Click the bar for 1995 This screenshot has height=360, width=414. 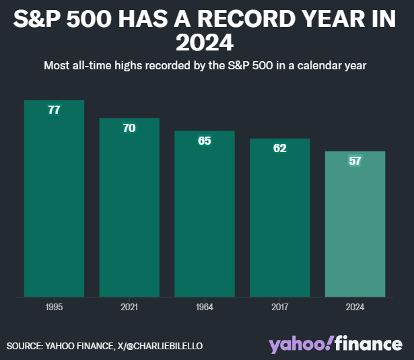(54, 199)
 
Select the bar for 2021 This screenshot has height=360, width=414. (129, 207)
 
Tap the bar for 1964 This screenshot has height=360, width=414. (205, 214)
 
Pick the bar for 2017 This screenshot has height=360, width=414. (280, 218)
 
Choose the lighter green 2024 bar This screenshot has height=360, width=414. (355, 224)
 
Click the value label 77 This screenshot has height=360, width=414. (54, 110)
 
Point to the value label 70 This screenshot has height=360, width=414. (129, 128)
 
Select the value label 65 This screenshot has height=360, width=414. (205, 141)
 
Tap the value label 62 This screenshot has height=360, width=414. (280, 148)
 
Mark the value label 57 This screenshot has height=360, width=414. (355, 161)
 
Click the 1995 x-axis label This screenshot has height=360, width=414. (54, 307)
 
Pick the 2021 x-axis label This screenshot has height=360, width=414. (129, 307)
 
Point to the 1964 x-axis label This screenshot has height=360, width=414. (205, 307)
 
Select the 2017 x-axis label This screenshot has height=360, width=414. (280, 307)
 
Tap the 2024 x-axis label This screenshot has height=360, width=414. (355, 307)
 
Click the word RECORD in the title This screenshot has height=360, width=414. (246, 19)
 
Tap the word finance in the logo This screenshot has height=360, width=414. (369, 343)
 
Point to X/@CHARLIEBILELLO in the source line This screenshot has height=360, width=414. (160, 346)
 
